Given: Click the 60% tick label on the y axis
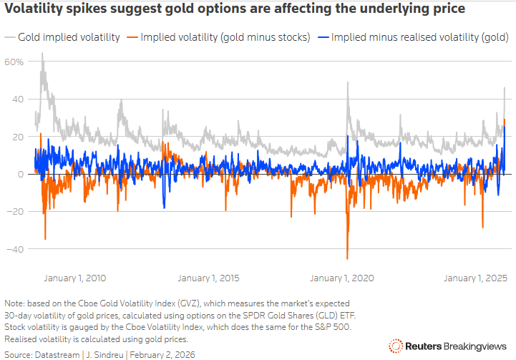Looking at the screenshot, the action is click(14, 62).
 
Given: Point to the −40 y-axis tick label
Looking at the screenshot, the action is click(15, 249).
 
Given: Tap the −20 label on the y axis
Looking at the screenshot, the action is click(15, 212).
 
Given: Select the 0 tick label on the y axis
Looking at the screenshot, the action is click(21, 175).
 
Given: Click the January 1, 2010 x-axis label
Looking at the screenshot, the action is click(75, 278).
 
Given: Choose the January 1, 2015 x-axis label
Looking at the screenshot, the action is click(209, 278).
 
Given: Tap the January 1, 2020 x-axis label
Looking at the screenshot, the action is click(342, 278).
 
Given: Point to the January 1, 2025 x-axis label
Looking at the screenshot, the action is click(475, 278).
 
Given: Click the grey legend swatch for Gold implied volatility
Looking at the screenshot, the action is click(10, 37).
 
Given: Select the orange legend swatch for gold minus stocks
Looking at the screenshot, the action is click(132, 37).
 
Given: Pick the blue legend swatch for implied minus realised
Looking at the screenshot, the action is click(323, 37).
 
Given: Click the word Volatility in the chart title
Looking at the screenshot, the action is click(33, 9).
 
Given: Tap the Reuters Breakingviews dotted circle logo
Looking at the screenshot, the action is click(396, 346).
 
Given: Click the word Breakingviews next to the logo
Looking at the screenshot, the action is click(475, 346).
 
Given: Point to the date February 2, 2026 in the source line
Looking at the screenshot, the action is click(162, 355).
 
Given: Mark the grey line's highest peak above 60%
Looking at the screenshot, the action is click(42, 53).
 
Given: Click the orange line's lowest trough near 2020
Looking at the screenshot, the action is click(347, 259).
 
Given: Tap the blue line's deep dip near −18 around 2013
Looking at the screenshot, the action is click(164, 208).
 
